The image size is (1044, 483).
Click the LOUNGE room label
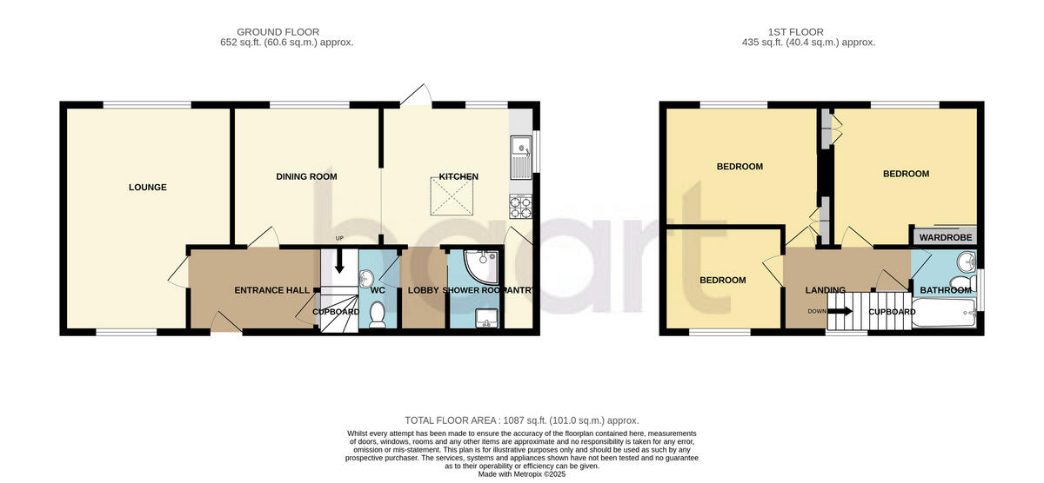point(147,188)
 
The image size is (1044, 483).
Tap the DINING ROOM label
point(306,177)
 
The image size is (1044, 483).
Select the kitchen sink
point(520,157)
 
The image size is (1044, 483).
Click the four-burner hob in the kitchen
point(519,206)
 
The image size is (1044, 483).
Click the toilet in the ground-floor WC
point(377,314)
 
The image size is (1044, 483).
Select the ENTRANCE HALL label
point(267,290)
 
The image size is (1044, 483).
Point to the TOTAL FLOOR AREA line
point(522,420)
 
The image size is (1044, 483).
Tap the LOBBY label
point(423,290)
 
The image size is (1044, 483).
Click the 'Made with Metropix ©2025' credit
point(522,474)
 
